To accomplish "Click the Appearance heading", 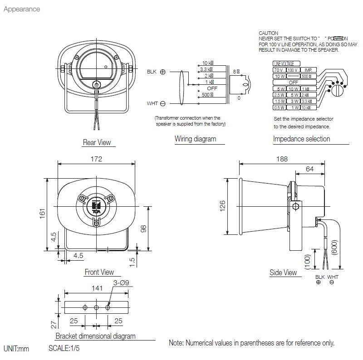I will click(x=22, y=9).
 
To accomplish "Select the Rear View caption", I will click(x=97, y=142).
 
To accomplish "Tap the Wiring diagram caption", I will click(x=195, y=139).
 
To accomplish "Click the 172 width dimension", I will click(x=96, y=159).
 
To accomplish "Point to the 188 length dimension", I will click(x=282, y=159).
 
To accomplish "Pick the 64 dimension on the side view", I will click(x=309, y=169).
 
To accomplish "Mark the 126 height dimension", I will click(x=222, y=206).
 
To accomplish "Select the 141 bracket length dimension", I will click(x=96, y=287).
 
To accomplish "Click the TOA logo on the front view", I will click(x=96, y=205).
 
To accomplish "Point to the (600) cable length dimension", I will click(x=334, y=247).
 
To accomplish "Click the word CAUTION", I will click(x=268, y=34).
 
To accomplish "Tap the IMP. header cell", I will click(x=308, y=70).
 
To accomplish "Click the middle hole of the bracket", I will click(x=96, y=307).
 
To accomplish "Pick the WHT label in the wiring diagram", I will click(x=152, y=104).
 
